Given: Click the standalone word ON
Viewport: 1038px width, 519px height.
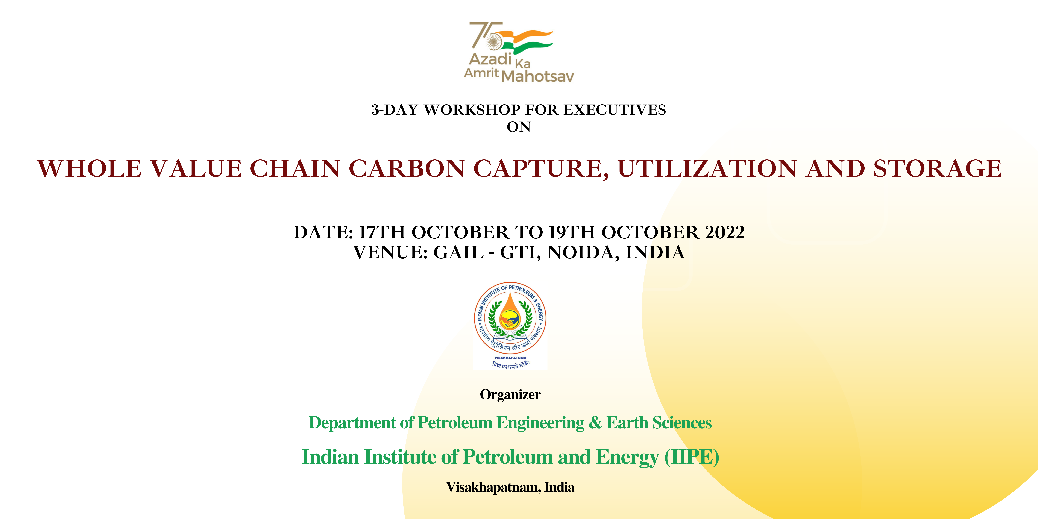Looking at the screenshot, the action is [519, 127].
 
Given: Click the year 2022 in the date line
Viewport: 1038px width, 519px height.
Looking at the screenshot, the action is [724, 232].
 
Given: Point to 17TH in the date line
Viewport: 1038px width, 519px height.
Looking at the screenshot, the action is [382, 232].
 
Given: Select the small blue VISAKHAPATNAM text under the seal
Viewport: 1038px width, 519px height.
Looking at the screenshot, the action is [510, 357].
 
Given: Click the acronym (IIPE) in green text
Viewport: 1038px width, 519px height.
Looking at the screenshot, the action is [691, 457].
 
